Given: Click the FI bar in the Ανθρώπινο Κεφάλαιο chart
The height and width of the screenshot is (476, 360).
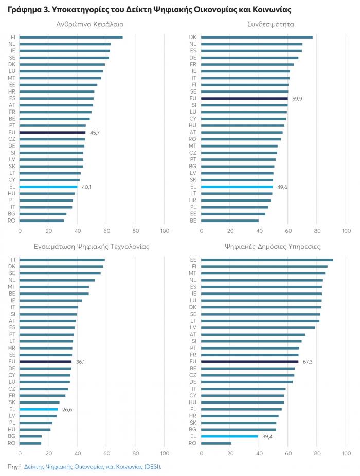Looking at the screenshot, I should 71,37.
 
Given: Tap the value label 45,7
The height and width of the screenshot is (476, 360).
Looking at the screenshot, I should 95,132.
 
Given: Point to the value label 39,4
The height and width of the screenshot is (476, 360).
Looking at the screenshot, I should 266,436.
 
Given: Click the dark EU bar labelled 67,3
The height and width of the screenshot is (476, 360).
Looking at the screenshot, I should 250,362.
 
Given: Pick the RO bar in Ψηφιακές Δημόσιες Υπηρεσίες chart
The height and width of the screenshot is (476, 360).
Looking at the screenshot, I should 216,443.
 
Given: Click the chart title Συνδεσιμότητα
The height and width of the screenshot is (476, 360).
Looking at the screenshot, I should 270,24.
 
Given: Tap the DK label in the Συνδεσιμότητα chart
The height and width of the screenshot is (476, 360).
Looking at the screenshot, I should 193,37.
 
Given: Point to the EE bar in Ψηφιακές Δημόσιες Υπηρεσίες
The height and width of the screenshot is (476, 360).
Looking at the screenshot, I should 267,260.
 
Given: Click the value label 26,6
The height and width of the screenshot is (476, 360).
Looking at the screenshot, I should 67,409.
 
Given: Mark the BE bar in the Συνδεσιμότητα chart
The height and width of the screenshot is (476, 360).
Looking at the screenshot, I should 230,221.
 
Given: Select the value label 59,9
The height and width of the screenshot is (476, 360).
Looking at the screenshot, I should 297,98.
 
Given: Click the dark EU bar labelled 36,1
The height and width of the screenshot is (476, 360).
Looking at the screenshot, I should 46,362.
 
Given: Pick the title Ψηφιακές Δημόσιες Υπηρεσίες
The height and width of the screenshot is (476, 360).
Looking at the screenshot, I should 272,247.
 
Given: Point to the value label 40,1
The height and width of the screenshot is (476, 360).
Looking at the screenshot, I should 86,187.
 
